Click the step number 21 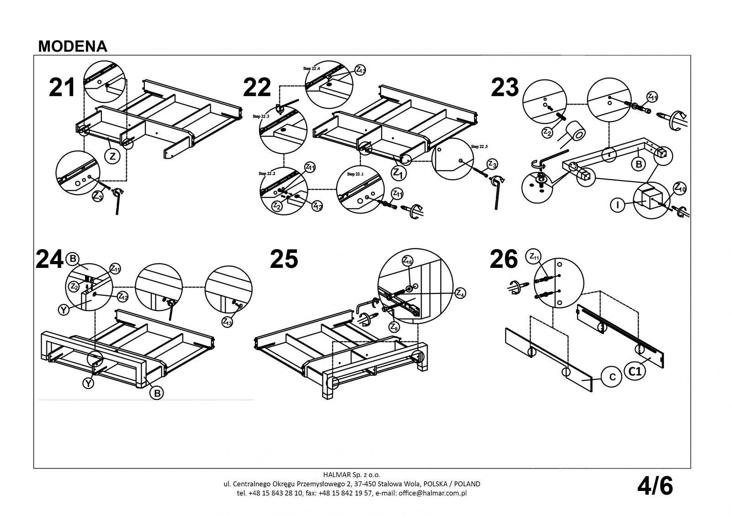[62, 87]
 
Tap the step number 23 [505, 87]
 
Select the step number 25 [284, 259]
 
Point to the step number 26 [503, 259]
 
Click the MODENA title [73, 46]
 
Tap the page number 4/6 [655, 486]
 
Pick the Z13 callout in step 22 [360, 70]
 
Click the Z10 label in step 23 [679, 187]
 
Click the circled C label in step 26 [613, 377]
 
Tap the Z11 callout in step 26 [533, 256]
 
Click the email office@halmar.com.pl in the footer [432, 493]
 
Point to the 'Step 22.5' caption [479, 146]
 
